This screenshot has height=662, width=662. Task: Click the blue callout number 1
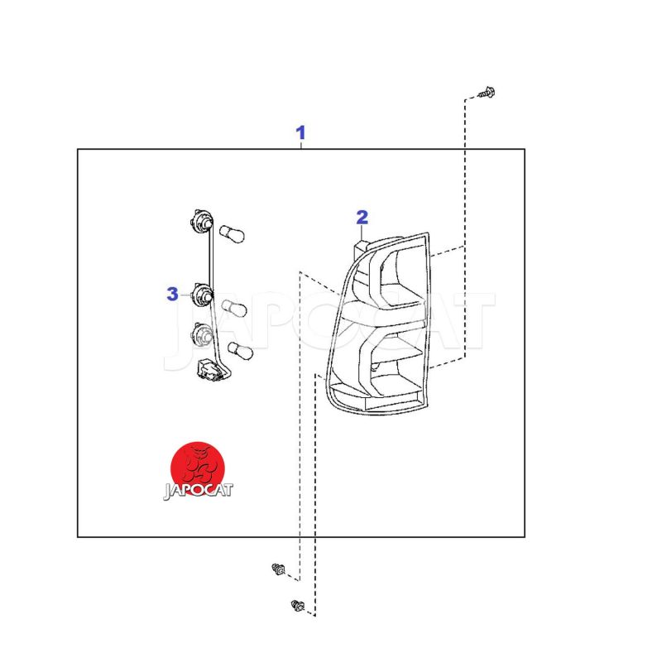click(300, 132)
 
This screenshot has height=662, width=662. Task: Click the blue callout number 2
click(362, 218)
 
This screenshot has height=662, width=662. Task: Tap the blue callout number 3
click(172, 294)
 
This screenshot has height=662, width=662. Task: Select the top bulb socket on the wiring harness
click(202, 221)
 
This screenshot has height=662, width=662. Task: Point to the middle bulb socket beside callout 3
click(202, 296)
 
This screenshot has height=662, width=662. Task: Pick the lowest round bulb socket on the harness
click(203, 334)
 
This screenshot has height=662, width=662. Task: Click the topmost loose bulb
click(232, 233)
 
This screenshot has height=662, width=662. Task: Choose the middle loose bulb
click(234, 308)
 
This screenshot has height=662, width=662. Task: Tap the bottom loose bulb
click(240, 350)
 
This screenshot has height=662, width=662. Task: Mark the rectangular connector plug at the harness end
click(209, 370)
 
